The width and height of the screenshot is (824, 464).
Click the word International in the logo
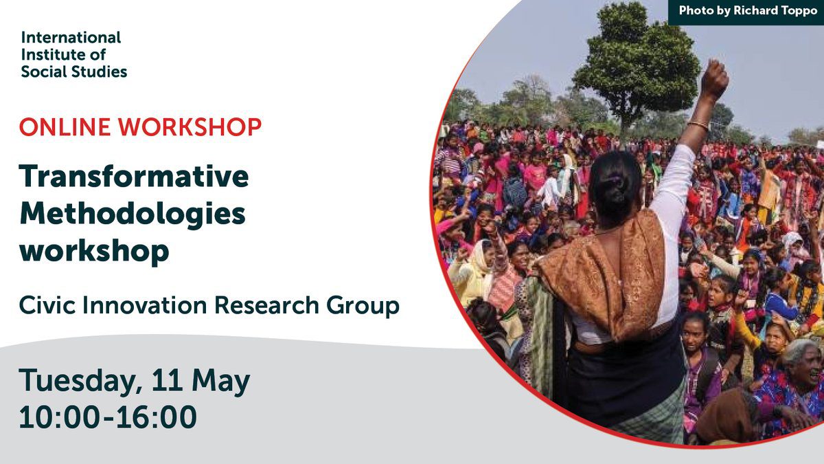pos(71,38)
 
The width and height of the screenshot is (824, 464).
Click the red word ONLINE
pos(65,127)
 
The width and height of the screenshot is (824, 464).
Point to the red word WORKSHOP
pos(190,127)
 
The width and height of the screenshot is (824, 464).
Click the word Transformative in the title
pos(134,176)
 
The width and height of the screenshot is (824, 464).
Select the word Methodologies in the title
pos(133,214)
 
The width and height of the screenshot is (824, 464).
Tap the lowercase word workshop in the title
pos(94,251)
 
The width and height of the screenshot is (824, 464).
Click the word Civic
pos(47,305)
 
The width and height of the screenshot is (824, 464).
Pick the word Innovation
pos(145,305)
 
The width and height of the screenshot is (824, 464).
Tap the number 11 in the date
pos(167,380)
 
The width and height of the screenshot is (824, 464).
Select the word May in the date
pos(220,382)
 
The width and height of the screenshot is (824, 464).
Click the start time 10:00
pos(59,417)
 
